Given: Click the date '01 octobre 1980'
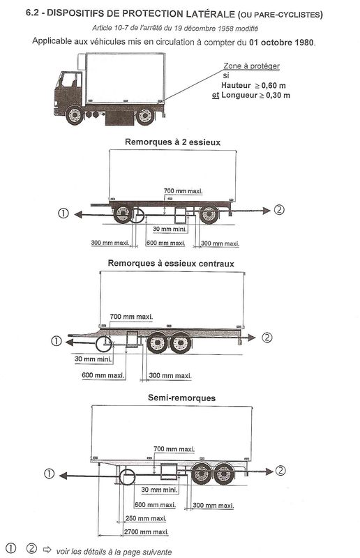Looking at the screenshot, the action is (282, 43).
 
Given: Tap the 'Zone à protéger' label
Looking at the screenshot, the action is (251, 66).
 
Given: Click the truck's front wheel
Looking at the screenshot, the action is (75, 115).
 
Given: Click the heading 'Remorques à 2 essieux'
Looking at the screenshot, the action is (173, 142).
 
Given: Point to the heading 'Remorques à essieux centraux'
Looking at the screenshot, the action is (171, 264).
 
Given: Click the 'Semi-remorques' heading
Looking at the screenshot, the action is (181, 398).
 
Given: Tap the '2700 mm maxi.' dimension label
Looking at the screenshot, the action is (146, 532).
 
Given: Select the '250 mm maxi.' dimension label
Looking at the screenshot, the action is (145, 518).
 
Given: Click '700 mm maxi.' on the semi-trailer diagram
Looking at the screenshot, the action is (174, 449).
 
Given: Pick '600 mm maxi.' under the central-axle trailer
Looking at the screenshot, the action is (103, 375).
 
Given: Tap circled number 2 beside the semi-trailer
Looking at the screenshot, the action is (280, 471).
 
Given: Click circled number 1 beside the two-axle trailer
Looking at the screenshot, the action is (63, 213).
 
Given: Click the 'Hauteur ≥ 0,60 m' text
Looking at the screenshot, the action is (253, 85).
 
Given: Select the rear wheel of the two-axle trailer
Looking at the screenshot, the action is (209, 214).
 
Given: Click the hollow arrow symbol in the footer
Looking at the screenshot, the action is (47, 549).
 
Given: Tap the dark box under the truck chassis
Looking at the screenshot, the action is (119, 118).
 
